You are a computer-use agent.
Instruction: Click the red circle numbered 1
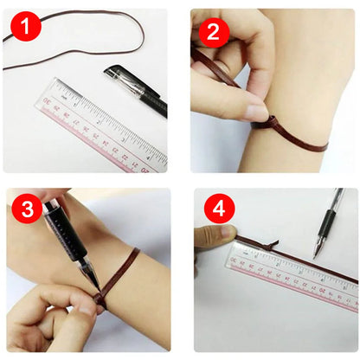[x=25, y=29]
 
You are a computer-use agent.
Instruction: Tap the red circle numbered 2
[x=213, y=32]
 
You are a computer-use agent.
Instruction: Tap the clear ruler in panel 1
[x=100, y=125]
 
